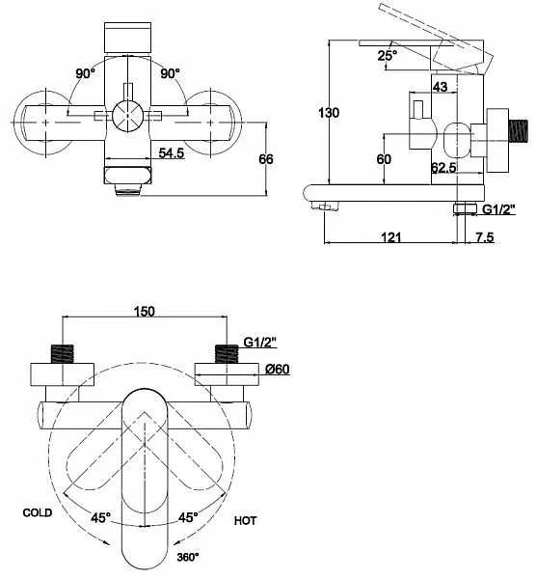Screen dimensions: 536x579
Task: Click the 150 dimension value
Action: coord(145,312)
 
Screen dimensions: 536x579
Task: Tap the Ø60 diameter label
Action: coord(278,369)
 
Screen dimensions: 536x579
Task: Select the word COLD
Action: coord(38,512)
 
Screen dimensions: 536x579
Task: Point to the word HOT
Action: coord(245,521)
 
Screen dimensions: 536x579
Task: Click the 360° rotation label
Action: coord(188,557)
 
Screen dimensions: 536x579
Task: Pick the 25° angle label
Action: coord(387,55)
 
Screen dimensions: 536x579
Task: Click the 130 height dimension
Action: coord(329,113)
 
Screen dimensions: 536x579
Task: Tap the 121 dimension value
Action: coord(390,236)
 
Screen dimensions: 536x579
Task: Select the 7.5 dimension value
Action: coord(484,236)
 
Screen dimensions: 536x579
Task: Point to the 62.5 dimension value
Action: coord(443,168)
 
